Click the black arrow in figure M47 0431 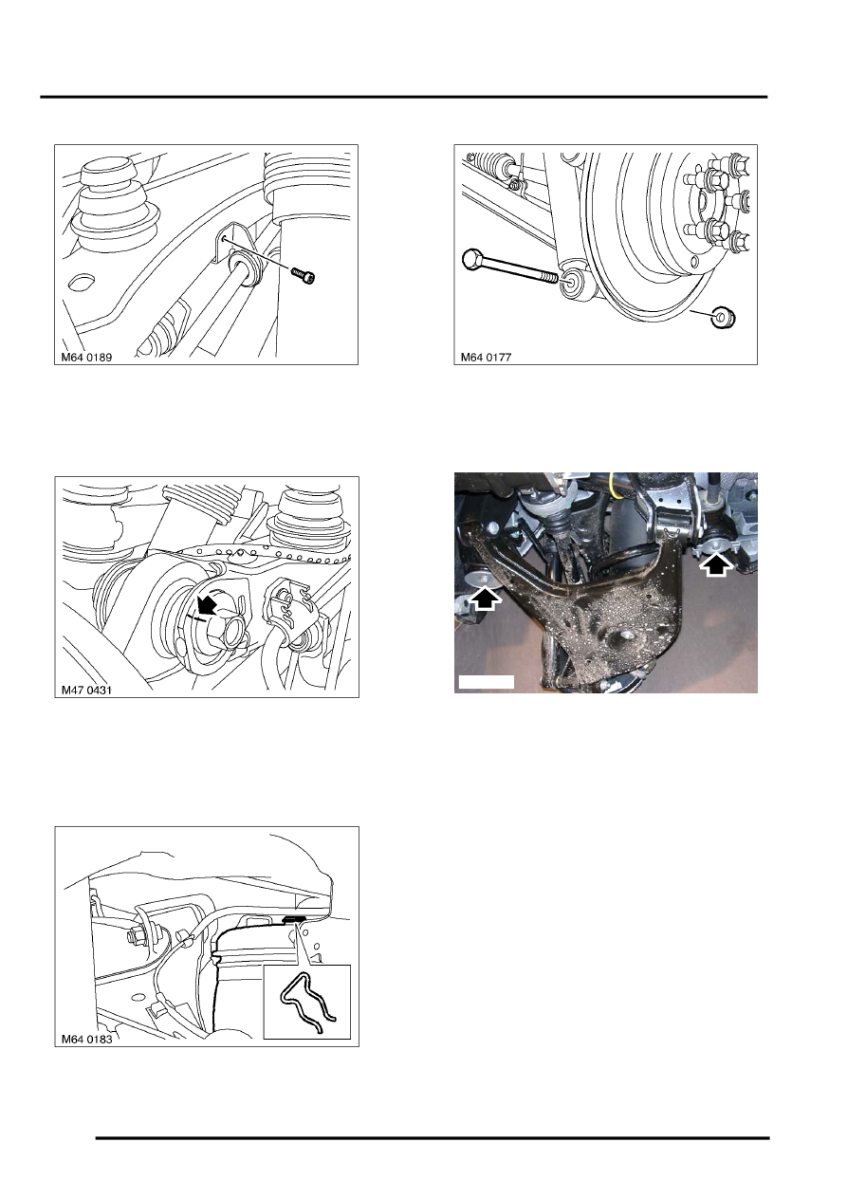click(204, 602)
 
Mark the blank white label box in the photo click(486, 681)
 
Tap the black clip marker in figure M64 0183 click(294, 919)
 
